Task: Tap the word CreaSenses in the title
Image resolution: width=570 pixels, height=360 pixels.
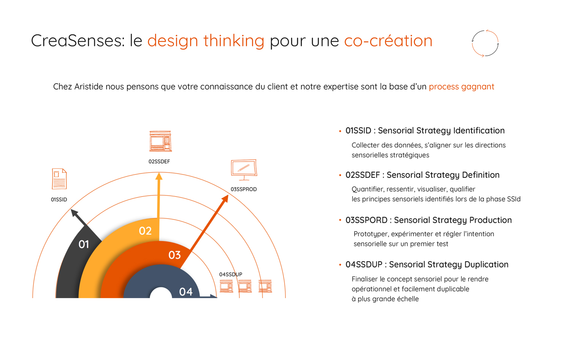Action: [x=78, y=41]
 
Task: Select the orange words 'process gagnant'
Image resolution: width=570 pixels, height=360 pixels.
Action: [x=461, y=87]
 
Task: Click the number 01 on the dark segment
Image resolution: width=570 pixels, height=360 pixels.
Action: [x=84, y=244]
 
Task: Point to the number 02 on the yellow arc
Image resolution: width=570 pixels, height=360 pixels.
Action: [x=145, y=231]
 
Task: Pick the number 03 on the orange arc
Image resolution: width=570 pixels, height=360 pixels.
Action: [x=174, y=255]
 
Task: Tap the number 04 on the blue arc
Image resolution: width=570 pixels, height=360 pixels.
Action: [x=186, y=292]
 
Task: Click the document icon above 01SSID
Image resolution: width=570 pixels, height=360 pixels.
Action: [x=59, y=179]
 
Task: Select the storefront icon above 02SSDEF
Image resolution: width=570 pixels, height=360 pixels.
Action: [x=161, y=141]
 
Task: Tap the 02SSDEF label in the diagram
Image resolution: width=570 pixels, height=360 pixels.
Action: [x=159, y=162]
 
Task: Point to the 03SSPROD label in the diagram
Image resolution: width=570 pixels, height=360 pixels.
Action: [x=244, y=189]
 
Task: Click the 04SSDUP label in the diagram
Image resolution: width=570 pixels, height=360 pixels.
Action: [x=231, y=274]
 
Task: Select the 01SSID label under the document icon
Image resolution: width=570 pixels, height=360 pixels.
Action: [x=59, y=200]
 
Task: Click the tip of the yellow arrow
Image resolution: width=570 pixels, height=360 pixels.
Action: [x=159, y=173]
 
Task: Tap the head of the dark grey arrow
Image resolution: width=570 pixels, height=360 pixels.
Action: [x=74, y=213]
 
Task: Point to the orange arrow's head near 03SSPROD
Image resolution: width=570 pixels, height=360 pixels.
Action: [x=225, y=198]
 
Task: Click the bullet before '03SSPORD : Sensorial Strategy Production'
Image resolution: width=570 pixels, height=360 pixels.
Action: [x=340, y=220]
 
